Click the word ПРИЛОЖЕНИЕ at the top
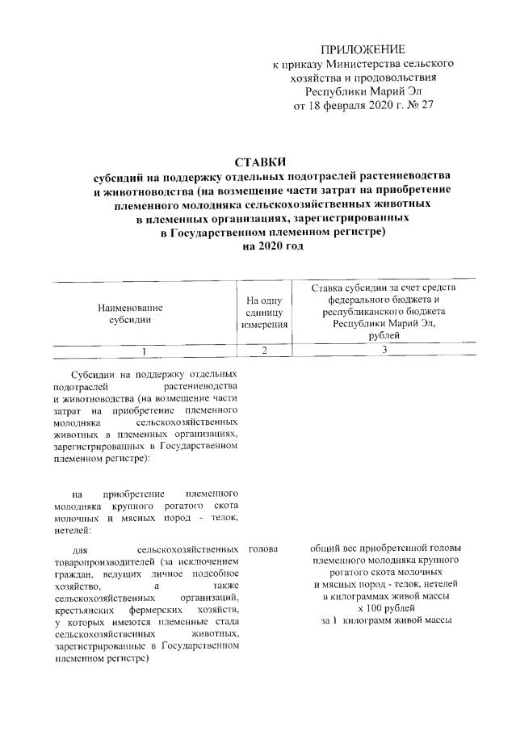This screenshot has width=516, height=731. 363,49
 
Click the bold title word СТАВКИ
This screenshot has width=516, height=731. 259,162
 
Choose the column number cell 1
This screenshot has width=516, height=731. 144,351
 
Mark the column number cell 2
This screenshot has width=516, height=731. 263,351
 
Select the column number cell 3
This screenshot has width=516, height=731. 384,351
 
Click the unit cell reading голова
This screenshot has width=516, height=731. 264,549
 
